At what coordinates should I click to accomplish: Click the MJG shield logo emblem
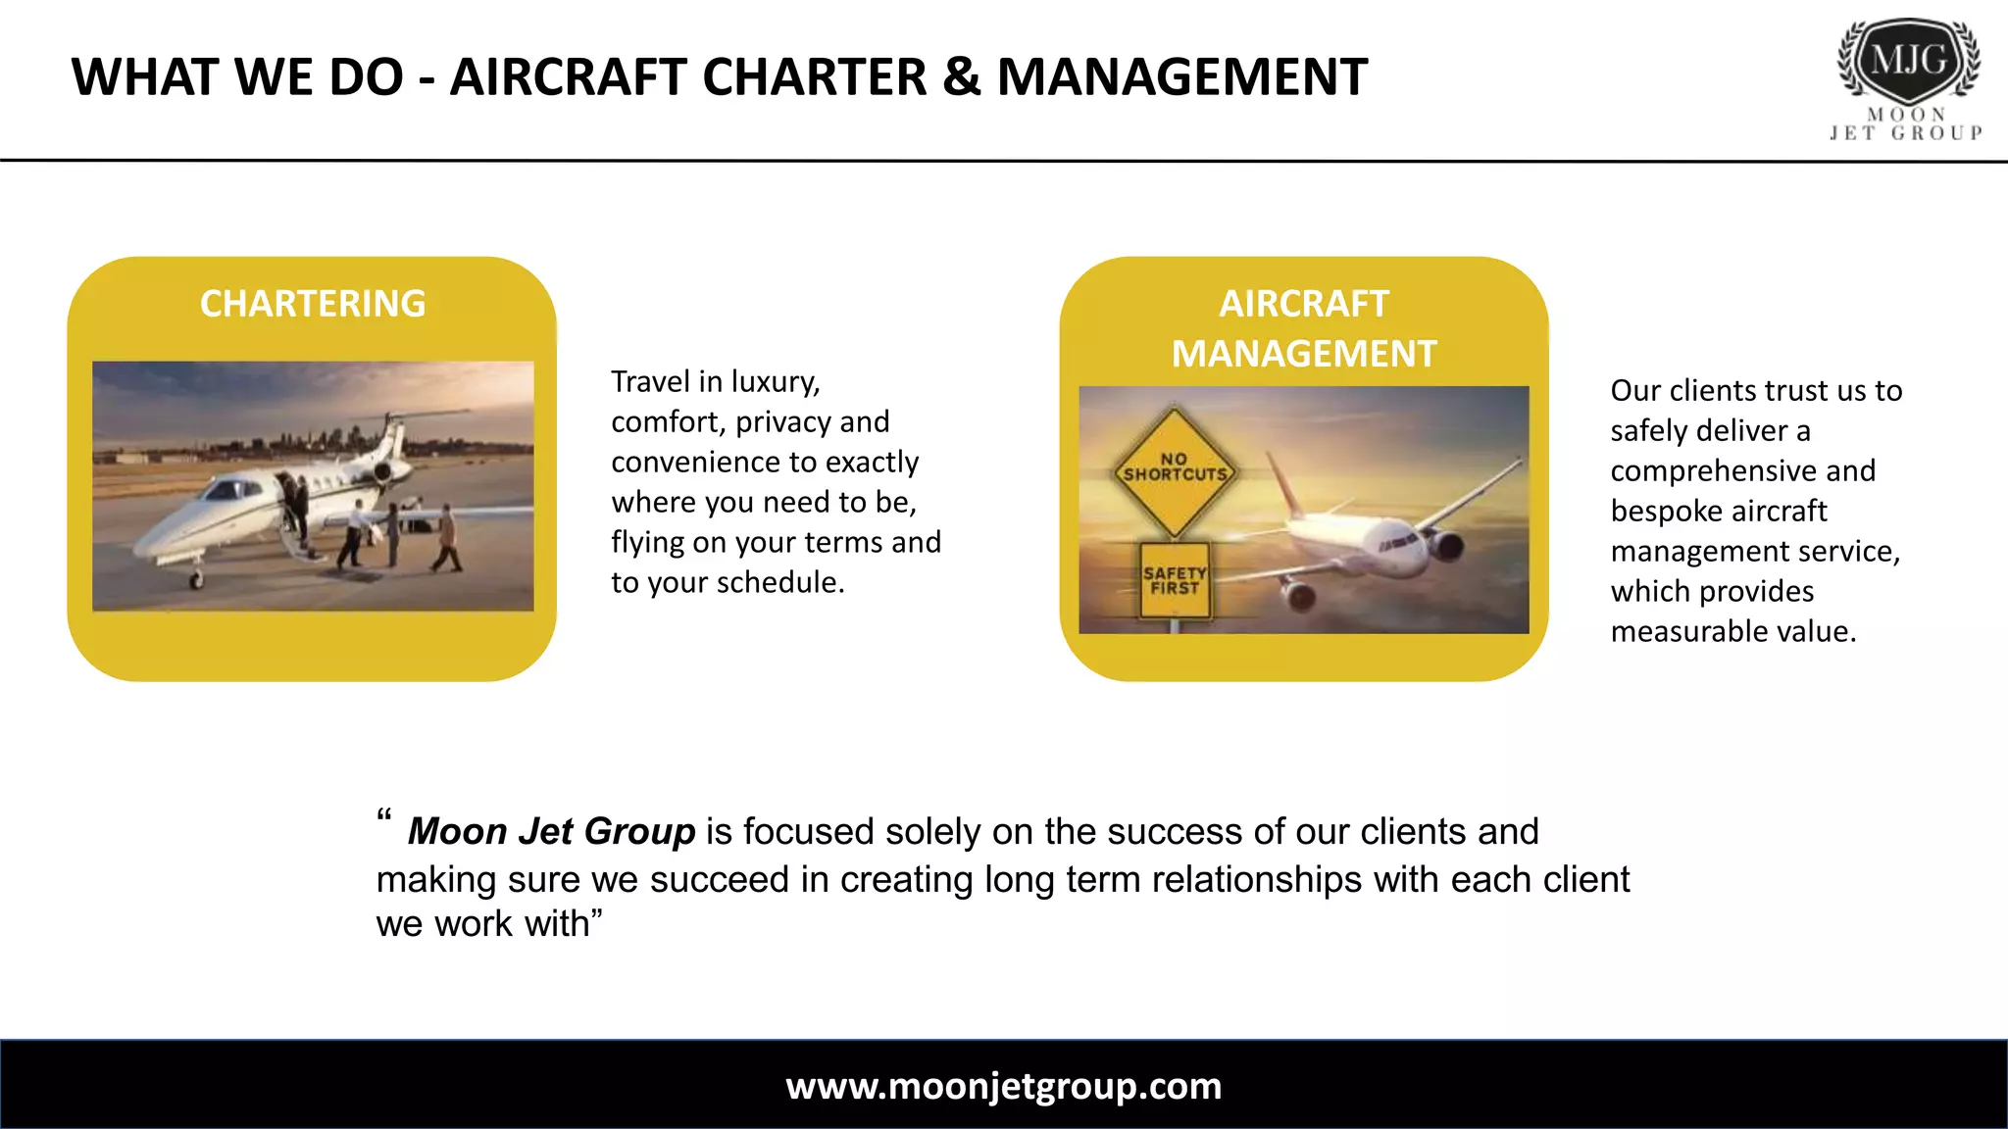tap(1908, 61)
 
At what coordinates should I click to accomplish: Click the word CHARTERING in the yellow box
tap(313, 304)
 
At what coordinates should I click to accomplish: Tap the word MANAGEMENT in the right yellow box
tap(1304, 354)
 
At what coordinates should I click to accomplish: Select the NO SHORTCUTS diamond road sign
tap(1174, 471)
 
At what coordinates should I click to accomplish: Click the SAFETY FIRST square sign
tap(1175, 581)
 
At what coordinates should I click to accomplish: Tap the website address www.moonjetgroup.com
tap(1003, 1086)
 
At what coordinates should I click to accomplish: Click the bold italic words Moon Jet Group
tap(551, 831)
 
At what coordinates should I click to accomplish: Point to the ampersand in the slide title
tap(961, 77)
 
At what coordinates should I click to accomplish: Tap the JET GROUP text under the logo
tap(1906, 133)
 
